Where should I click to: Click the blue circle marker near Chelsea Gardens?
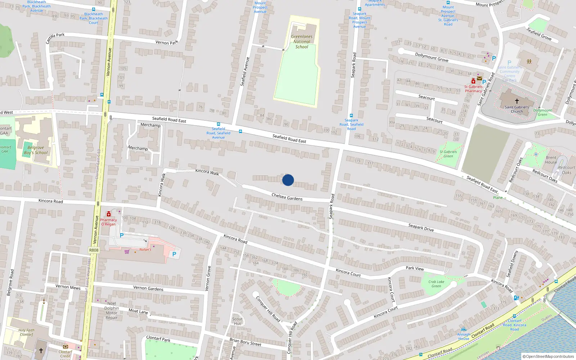coord(288,180)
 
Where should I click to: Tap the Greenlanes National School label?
coord(302,41)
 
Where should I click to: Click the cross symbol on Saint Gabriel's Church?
coord(517,101)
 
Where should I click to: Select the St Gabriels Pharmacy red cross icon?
coord(473,81)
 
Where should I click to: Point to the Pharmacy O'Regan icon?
coord(108,214)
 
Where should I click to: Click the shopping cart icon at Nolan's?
coord(127,252)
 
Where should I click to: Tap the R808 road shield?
coord(94,250)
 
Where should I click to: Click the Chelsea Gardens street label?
coord(287,197)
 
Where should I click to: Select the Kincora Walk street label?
coord(207,172)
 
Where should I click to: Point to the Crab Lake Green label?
coord(436,284)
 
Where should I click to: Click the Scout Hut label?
coord(237,321)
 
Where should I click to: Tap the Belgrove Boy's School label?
coord(36,150)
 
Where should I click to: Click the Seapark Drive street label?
coord(421,228)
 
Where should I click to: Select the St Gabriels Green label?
coord(448,154)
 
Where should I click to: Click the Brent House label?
coord(551,160)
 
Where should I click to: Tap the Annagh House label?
coord(463,336)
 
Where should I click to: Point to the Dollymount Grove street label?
coord(432,57)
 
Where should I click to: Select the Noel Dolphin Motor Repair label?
coord(112,310)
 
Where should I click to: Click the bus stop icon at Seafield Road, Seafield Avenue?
coord(218,124)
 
